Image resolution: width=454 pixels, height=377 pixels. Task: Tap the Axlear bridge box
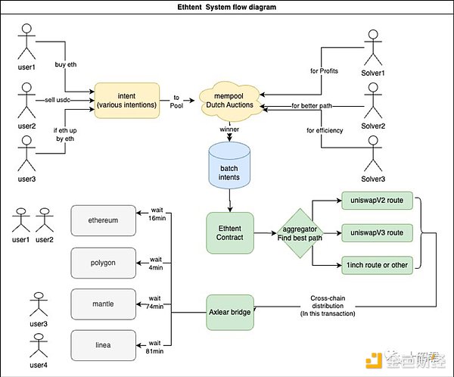(229, 311)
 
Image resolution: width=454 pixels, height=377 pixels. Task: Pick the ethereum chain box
(103, 220)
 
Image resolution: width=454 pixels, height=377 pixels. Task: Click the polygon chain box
(103, 262)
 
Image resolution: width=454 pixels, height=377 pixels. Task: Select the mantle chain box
(103, 304)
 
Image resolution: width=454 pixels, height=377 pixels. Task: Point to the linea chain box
(103, 344)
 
